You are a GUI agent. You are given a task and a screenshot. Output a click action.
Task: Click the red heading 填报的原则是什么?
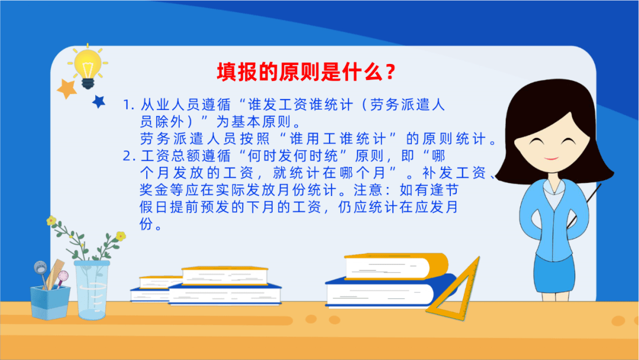tap(306, 72)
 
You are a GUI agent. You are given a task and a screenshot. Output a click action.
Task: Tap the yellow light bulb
tap(88, 67)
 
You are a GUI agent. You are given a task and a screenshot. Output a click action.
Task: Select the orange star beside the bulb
tap(67, 88)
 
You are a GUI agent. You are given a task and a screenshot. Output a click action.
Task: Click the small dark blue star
tap(99, 101)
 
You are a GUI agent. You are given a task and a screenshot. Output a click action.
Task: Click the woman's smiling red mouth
tap(551, 158)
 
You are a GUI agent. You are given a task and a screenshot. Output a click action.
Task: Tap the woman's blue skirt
tap(554, 273)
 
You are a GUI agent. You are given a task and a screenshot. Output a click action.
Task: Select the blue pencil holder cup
tap(50, 302)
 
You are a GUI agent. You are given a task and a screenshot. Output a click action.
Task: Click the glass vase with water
tap(92, 290)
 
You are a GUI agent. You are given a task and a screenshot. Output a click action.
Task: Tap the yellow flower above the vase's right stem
tap(121, 236)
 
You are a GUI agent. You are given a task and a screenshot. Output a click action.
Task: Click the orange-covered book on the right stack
tap(396, 266)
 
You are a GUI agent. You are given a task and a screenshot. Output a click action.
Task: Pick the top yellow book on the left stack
tap(225, 275)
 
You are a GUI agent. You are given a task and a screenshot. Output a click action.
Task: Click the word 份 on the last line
tap(146, 224)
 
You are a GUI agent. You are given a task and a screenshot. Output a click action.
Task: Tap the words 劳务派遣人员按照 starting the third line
tap(205, 139)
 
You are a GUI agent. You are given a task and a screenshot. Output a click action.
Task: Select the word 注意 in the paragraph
tap(368, 190)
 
